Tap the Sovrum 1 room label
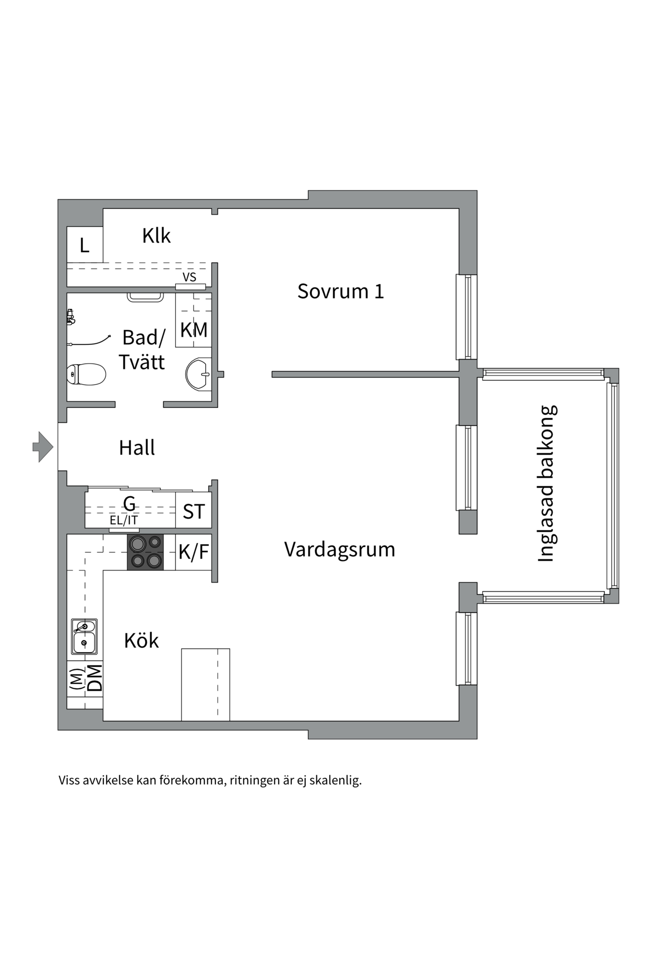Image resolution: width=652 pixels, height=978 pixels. (340, 291)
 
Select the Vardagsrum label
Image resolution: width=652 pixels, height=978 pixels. (339, 550)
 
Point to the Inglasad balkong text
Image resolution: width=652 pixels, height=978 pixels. (547, 483)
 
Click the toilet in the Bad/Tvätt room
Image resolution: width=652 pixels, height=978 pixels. (86, 375)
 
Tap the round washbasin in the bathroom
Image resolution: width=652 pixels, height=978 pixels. (198, 374)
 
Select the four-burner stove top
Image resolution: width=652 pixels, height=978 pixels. (146, 552)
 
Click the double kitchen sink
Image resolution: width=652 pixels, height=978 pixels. (84, 637)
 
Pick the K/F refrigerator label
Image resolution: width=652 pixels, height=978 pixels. (194, 552)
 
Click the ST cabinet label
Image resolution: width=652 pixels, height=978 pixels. (194, 511)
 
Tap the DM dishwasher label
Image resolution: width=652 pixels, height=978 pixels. (95, 678)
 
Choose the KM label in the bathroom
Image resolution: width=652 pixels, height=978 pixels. (194, 330)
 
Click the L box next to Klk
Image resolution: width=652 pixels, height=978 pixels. (85, 246)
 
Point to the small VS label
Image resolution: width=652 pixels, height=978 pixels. (189, 278)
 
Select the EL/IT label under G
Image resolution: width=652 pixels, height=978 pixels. (124, 521)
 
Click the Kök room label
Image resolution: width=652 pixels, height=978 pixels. (141, 641)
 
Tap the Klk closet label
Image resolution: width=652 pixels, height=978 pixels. (156, 236)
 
